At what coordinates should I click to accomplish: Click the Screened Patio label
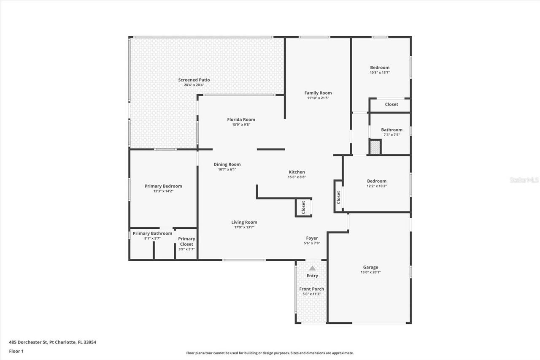click(x=194, y=80)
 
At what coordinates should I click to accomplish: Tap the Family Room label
click(x=318, y=93)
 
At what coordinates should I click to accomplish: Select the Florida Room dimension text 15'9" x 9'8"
click(x=241, y=125)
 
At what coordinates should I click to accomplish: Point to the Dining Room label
click(x=227, y=165)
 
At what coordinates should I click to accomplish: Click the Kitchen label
click(x=297, y=172)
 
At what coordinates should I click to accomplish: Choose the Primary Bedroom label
click(x=163, y=186)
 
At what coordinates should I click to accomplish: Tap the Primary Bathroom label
click(x=152, y=233)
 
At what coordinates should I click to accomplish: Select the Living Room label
click(x=244, y=222)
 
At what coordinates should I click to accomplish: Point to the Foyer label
click(x=312, y=238)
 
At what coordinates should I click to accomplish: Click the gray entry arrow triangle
click(x=312, y=268)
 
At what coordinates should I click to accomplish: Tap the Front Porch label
click(x=312, y=289)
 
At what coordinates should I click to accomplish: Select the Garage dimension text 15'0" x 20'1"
click(x=370, y=272)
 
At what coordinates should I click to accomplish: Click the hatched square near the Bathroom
click(x=375, y=147)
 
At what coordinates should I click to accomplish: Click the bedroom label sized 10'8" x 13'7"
click(x=380, y=68)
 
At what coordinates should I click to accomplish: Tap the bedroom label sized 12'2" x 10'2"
click(x=376, y=181)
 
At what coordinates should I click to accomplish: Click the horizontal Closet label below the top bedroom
click(x=391, y=104)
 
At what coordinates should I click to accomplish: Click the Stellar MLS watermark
click(x=524, y=180)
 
